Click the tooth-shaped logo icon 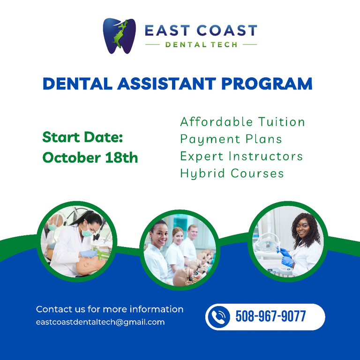pos(119,36)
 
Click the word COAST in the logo pos(227,30)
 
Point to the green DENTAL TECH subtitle pos(201,45)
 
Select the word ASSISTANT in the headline pos(167,83)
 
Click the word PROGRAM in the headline pos(267,83)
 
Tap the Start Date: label pos(82,137)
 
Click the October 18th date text pos(90,157)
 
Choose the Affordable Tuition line pos(242,122)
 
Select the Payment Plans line pos(231,139)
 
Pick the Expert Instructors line pos(241,156)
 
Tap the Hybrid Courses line pos(232,173)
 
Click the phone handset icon pos(219,317)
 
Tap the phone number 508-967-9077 pos(270,316)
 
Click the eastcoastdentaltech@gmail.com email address pos(100,322)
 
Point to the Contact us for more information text pos(110,309)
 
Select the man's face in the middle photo pos(192,232)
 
